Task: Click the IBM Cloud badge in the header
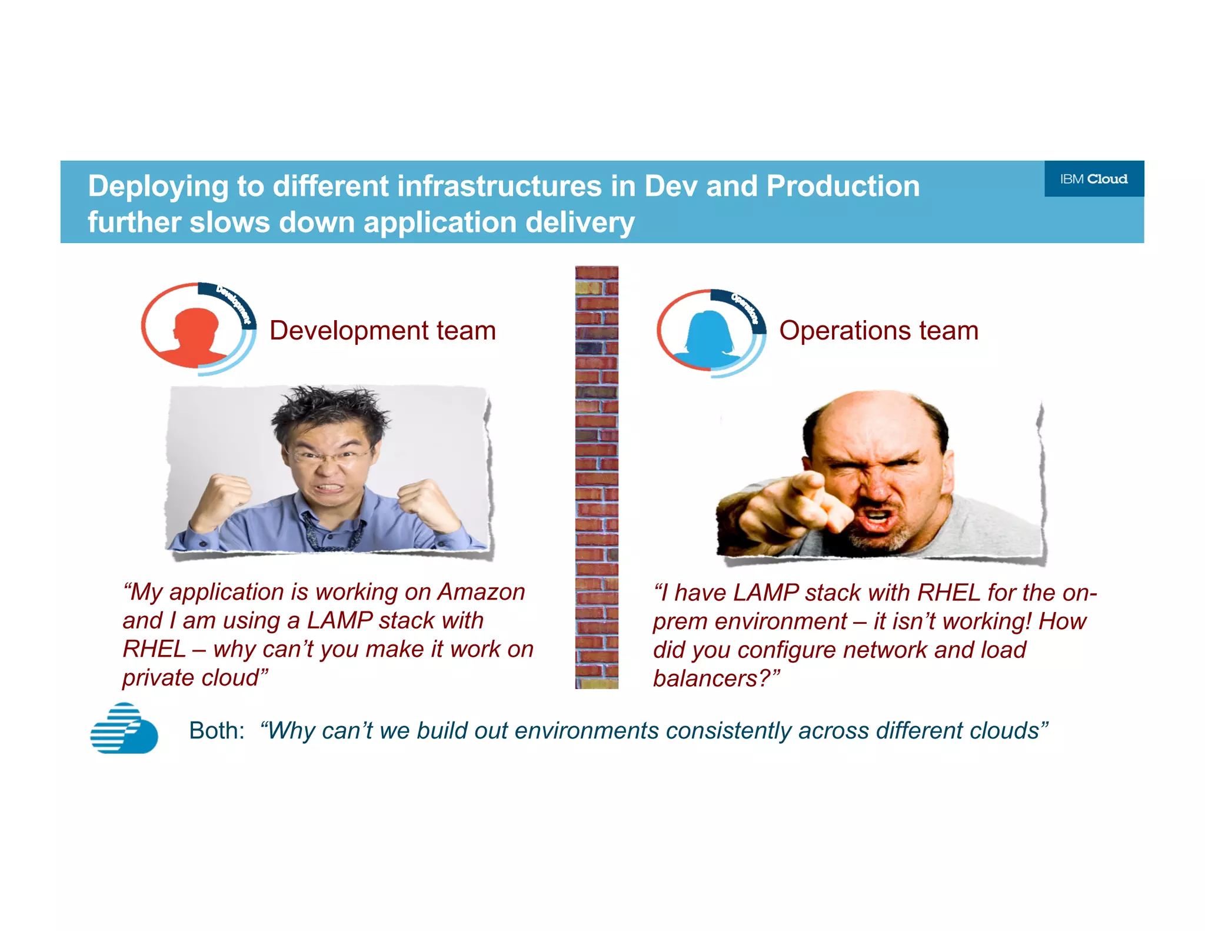click(x=1093, y=179)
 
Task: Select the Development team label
click(x=382, y=330)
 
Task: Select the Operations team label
click(x=878, y=330)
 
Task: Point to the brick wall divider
click(x=596, y=477)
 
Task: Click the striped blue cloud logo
click(x=124, y=729)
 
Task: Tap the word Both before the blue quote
click(x=216, y=731)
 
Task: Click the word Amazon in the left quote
click(x=481, y=592)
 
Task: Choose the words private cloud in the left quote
click(x=195, y=678)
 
